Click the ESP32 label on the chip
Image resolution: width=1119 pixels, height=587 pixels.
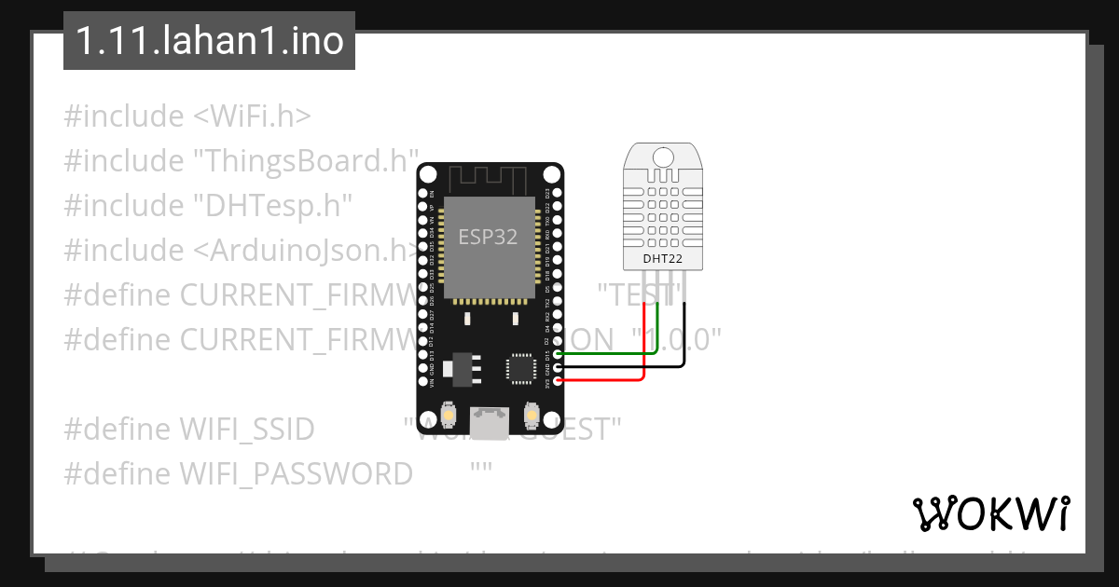488,237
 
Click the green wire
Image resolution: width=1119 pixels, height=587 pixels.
606,353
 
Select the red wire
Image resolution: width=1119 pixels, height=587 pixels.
606,380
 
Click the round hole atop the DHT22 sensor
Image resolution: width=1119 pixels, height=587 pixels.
664,157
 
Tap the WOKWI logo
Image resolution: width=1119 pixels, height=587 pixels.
990,513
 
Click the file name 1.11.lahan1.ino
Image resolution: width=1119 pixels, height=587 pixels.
209,41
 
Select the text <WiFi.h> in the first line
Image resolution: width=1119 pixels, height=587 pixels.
252,116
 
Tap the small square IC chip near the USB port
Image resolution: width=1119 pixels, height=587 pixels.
518,367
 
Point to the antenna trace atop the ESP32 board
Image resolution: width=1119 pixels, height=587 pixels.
489,178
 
